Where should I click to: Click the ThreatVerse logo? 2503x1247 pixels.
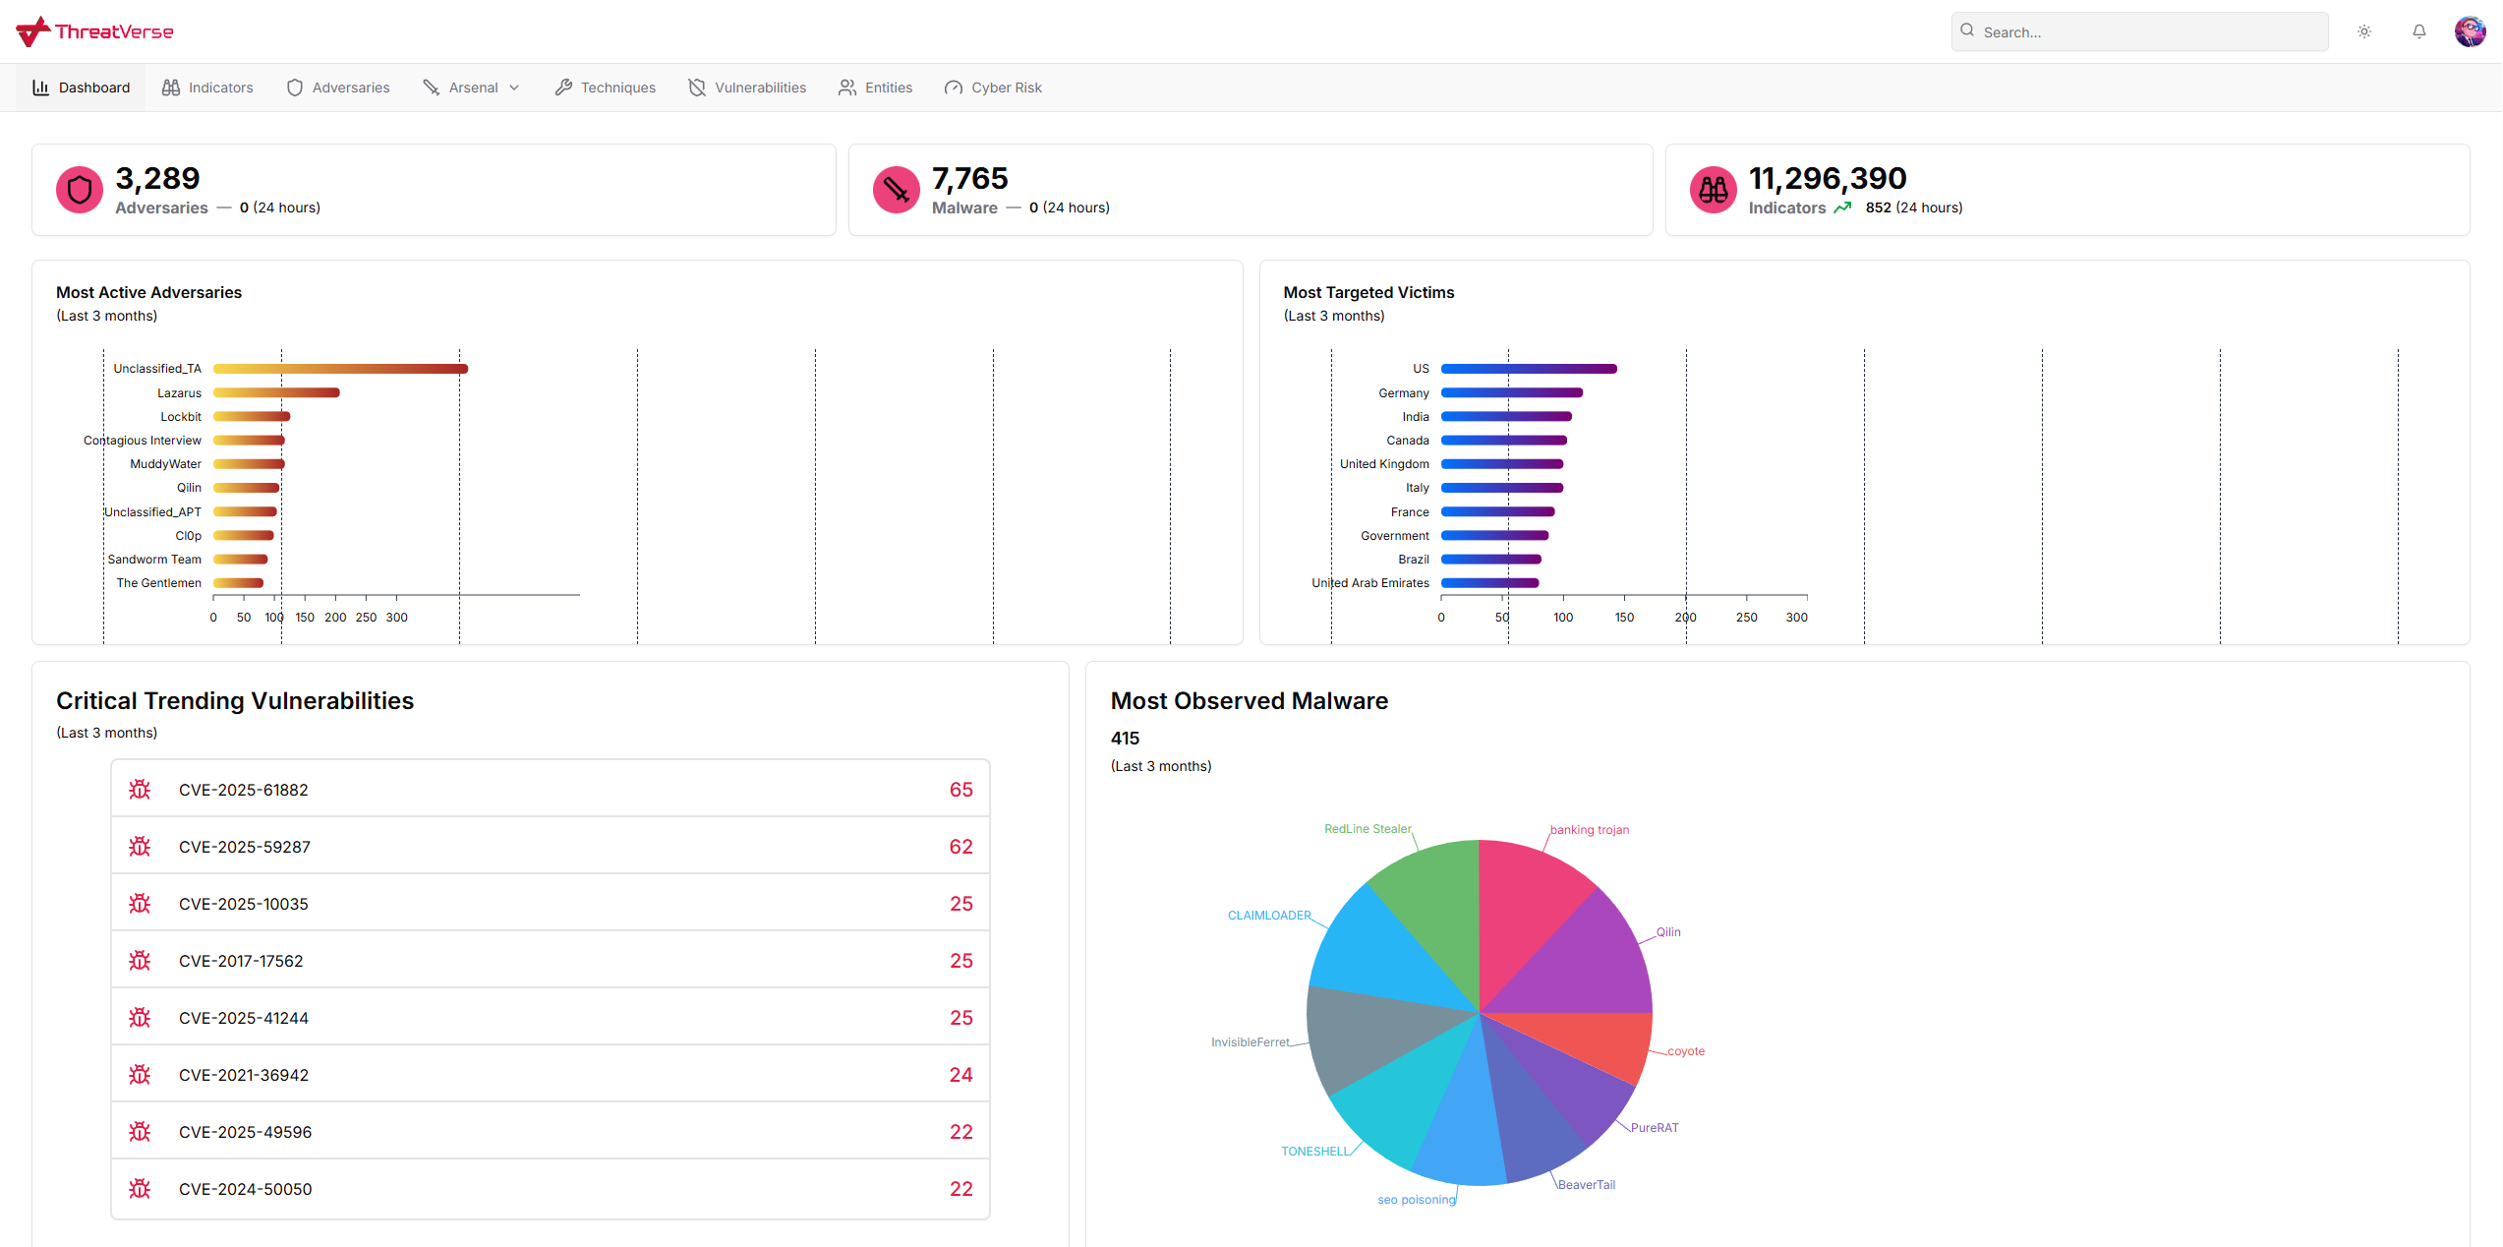pyautogui.click(x=94, y=31)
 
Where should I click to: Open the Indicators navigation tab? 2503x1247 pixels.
pyautogui.click(x=207, y=88)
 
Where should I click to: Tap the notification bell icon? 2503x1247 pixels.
pyautogui.click(x=2418, y=31)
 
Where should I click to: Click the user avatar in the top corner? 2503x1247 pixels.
pyautogui.click(x=2470, y=31)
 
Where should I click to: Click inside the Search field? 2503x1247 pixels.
pyautogui.click(x=2143, y=31)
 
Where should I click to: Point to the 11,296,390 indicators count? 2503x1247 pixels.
pyautogui.click(x=1827, y=178)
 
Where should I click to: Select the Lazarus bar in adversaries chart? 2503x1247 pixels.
pyautogui.click(x=276, y=392)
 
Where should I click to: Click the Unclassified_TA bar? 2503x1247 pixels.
pyautogui.click(x=340, y=369)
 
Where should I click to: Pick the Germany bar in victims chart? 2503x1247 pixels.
pyautogui.click(x=1511, y=392)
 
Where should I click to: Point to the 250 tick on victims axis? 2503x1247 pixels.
pyautogui.click(x=1746, y=618)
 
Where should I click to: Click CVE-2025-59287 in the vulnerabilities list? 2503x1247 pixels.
pyautogui.click(x=244, y=847)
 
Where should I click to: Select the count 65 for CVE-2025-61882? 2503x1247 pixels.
pyautogui.click(x=960, y=790)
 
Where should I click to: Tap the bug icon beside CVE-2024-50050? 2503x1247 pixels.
pyautogui.click(x=140, y=1189)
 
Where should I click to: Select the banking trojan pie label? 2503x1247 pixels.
pyautogui.click(x=1589, y=830)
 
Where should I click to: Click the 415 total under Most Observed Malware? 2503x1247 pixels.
pyautogui.click(x=1125, y=739)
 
